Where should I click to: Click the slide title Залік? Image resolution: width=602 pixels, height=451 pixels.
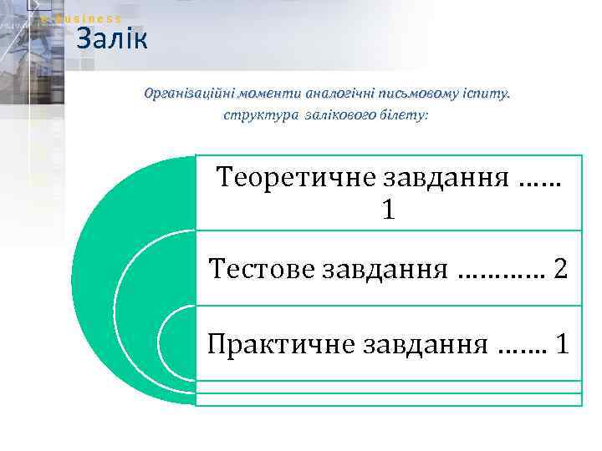coord(111,38)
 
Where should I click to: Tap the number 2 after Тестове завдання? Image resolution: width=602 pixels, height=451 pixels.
coord(560,269)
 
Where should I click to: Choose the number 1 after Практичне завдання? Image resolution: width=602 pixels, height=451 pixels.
coord(562,343)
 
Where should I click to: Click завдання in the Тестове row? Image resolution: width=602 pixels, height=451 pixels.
coord(380,270)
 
